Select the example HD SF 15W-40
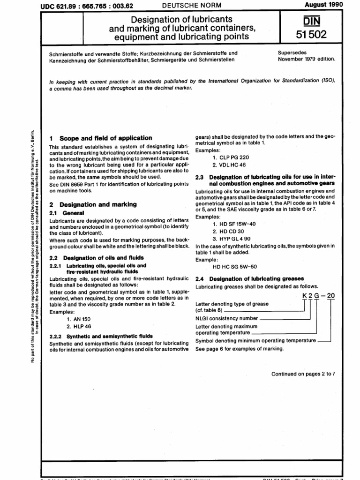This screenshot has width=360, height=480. [x=234, y=211]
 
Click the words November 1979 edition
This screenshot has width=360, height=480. [x=306, y=60]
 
